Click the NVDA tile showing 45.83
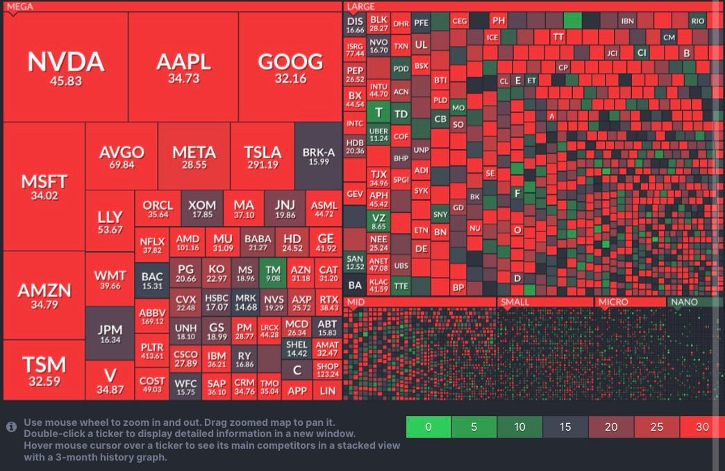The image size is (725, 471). click(x=65, y=67)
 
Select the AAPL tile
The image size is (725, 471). click(x=183, y=67)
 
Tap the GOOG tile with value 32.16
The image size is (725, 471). click(x=290, y=67)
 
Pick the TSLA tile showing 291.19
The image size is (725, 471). click(x=262, y=157)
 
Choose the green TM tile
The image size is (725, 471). click(x=273, y=273)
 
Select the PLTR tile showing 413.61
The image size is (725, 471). click(x=151, y=350)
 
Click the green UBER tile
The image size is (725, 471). click(x=378, y=134)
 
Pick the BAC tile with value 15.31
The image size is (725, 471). click(x=151, y=280)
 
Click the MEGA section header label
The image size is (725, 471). click(x=20, y=6)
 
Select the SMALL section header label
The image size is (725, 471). click(x=515, y=302)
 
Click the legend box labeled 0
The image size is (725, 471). click(x=428, y=427)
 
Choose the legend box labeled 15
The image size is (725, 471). click(x=565, y=427)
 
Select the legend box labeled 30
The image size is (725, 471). click(x=701, y=427)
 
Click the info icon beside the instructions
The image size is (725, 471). click(x=11, y=427)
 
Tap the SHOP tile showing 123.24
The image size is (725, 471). click(x=327, y=370)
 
